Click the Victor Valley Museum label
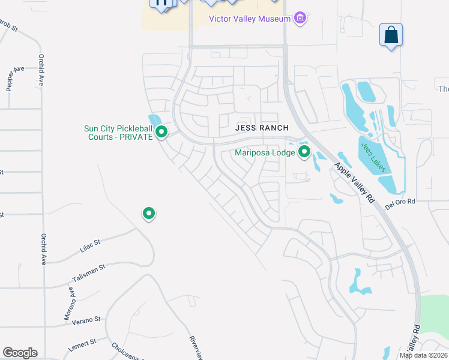click(x=249, y=19)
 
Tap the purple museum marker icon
click(x=300, y=19)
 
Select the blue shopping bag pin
click(x=391, y=35)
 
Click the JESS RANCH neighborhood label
click(x=262, y=128)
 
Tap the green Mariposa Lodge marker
click(x=304, y=152)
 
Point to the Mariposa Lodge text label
click(x=265, y=152)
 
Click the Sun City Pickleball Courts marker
click(x=161, y=132)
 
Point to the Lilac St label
click(x=89, y=246)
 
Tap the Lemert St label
click(x=82, y=343)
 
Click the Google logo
click(x=20, y=352)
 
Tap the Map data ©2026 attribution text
click(x=424, y=355)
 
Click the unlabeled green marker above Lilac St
click(x=149, y=213)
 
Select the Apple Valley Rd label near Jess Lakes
click(x=355, y=183)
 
